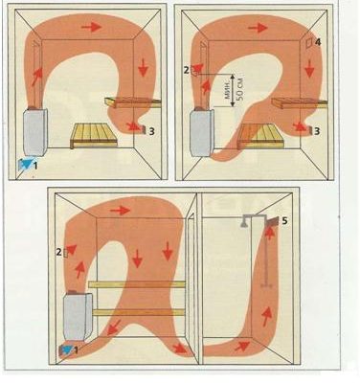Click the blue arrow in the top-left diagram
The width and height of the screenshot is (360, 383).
(28, 164)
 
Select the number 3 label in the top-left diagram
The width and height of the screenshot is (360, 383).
(152, 131)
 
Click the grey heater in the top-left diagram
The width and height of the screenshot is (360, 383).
(34, 132)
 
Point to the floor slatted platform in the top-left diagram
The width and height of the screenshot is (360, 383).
(94, 136)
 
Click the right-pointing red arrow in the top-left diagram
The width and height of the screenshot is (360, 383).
(91, 27)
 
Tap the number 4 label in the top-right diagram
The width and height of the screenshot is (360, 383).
(318, 42)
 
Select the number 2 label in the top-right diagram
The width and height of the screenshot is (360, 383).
(187, 70)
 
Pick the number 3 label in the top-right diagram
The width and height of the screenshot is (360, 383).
(317, 131)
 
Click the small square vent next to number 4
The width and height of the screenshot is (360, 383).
(309, 43)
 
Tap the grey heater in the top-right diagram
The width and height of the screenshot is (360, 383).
(202, 131)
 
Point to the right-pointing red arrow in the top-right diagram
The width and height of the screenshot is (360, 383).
(258, 29)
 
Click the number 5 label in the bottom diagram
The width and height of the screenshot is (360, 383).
(284, 221)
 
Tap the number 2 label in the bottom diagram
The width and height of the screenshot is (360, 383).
(58, 252)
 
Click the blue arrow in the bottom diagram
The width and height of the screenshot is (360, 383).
(67, 349)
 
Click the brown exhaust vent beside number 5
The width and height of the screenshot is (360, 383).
(272, 221)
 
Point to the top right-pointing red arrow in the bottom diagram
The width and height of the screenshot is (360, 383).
(120, 211)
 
